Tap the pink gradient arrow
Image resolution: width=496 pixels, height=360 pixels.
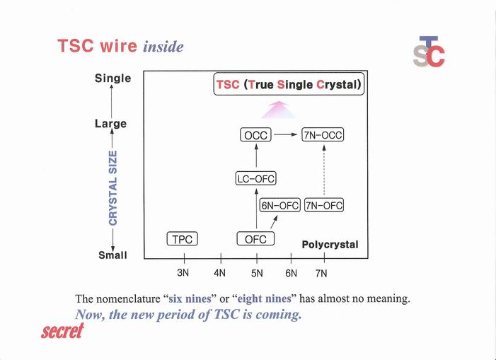(279, 110)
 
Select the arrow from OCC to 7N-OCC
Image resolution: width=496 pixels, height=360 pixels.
(286, 134)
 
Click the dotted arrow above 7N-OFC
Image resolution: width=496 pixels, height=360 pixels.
(324, 170)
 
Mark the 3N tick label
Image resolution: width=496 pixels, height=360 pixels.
(183, 273)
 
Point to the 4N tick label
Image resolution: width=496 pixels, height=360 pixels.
(219, 273)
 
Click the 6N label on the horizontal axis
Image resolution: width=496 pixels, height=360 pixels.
(291, 273)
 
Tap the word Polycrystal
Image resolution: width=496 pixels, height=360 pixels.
(330, 244)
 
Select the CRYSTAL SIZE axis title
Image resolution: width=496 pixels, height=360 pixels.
(113, 187)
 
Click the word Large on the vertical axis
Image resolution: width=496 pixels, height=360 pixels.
(110, 124)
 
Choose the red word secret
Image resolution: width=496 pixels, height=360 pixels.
(62, 330)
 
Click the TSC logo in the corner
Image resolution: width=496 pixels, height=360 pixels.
(429, 51)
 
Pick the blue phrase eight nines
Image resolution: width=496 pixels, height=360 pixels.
(264, 298)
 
